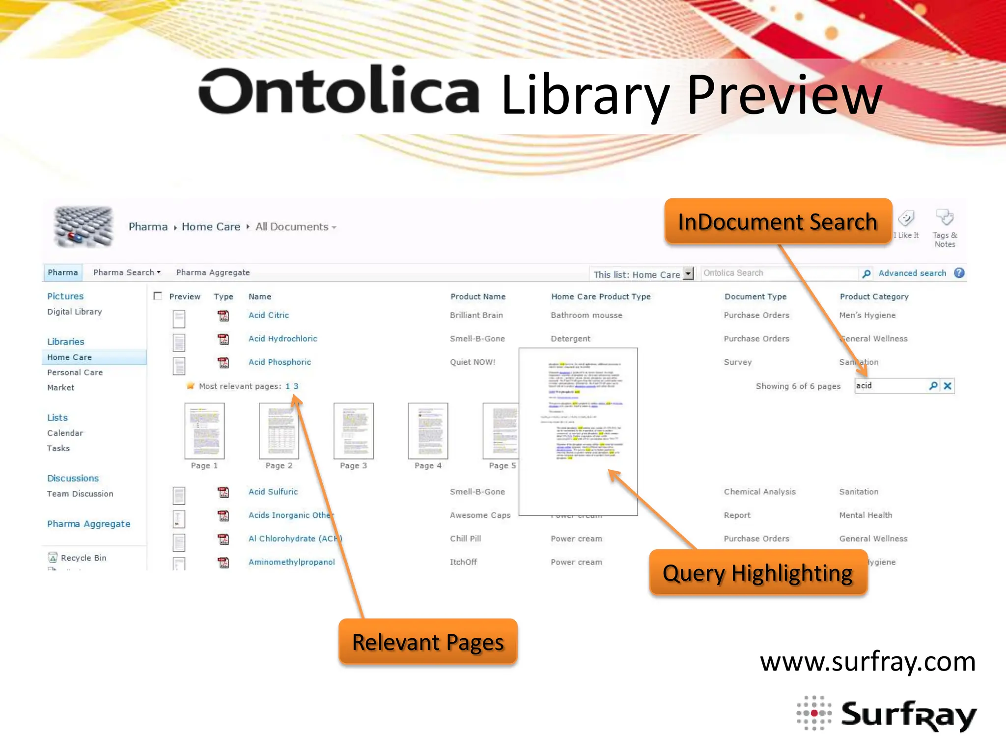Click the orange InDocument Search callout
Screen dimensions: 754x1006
[778, 221]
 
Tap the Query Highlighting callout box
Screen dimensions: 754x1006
[758, 573]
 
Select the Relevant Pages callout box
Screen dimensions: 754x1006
[428, 642]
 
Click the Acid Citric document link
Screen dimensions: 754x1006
[269, 315]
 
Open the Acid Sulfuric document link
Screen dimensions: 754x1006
[273, 492]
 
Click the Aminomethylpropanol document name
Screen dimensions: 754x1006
[292, 562]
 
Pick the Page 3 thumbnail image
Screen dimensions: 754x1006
[353, 431]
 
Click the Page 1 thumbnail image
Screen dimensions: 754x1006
[204, 431]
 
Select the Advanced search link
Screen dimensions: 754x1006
[912, 273]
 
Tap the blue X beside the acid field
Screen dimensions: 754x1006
[948, 386]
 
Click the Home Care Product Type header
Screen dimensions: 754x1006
[601, 296]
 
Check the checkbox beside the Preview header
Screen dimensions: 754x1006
[158, 296]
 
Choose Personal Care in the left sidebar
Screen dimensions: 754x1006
[75, 373]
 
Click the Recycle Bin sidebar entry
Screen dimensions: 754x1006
[83, 558]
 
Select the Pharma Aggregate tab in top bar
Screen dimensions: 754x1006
[213, 272]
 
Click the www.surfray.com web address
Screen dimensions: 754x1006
[867, 662]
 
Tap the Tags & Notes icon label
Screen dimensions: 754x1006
[945, 240]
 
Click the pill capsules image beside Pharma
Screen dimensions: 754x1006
[84, 226]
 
